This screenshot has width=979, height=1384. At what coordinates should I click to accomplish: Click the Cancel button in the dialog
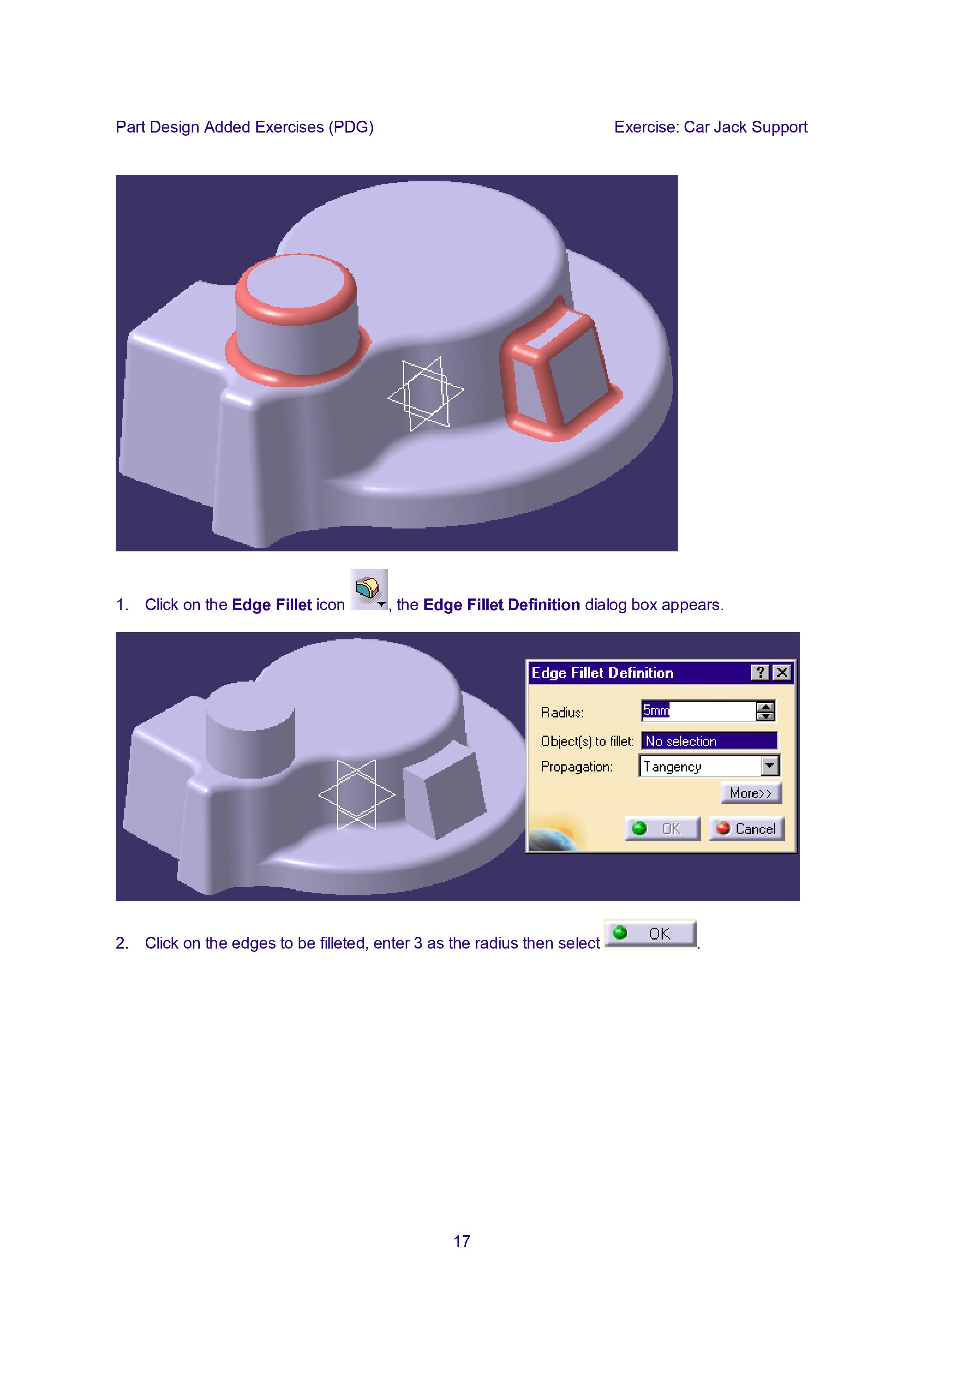pos(746,828)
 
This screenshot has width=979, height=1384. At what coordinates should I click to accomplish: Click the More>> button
pos(750,793)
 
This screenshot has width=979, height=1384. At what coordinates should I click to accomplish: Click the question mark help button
pos(760,673)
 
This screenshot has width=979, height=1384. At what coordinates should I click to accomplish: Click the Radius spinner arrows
pos(765,711)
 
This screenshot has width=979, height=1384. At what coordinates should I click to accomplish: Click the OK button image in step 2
pos(650,933)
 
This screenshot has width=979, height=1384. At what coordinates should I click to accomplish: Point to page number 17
pos(461,1241)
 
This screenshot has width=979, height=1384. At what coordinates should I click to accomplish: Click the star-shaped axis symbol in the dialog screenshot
pos(356,794)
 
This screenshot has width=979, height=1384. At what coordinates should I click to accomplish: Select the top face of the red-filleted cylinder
pos(294,286)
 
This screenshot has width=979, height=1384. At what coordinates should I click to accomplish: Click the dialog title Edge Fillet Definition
pos(602,673)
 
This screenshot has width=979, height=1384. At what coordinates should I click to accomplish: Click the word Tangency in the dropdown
pos(672,767)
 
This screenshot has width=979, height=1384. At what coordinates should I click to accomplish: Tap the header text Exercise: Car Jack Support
pos(711,127)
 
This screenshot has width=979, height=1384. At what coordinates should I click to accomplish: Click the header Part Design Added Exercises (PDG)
pos(244,127)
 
